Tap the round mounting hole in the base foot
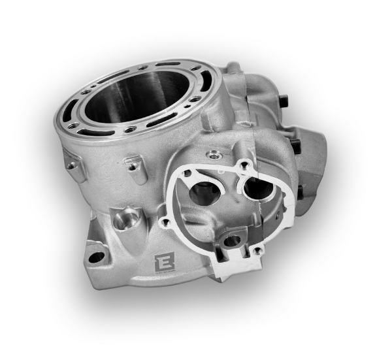pyautogui.click(x=95, y=256)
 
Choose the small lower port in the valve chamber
pyautogui.click(x=231, y=240)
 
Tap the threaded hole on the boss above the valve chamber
pyautogui.click(x=212, y=155)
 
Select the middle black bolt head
pyautogui.click(x=297, y=146)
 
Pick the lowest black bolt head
pyautogui.click(x=299, y=191)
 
